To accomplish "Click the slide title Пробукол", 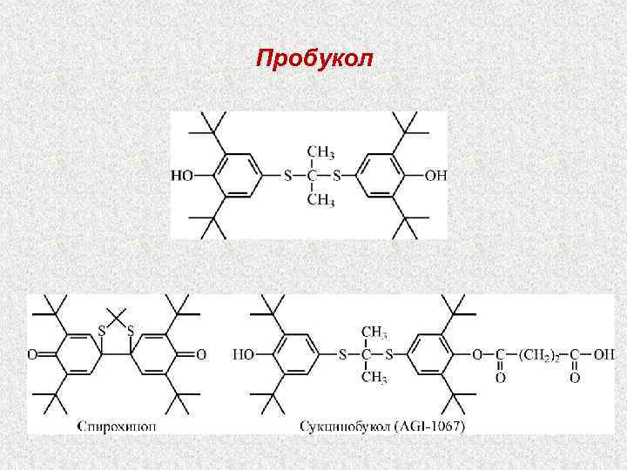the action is tap(314, 59).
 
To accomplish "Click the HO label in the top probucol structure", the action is tap(183, 176).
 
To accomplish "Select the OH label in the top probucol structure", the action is tap(435, 176).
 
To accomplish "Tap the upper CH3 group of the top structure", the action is tap(320, 152).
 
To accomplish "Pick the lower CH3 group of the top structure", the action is tap(320, 201).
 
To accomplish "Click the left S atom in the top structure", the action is tap(288, 176).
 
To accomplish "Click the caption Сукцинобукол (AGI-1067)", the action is tap(382, 426).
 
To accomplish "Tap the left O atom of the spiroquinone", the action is tap(32, 354).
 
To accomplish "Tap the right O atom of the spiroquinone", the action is tap(201, 354).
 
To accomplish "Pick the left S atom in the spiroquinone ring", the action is tap(103, 331).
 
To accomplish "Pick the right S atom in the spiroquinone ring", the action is tap(131, 331).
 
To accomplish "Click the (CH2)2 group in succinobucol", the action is tap(543, 354).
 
